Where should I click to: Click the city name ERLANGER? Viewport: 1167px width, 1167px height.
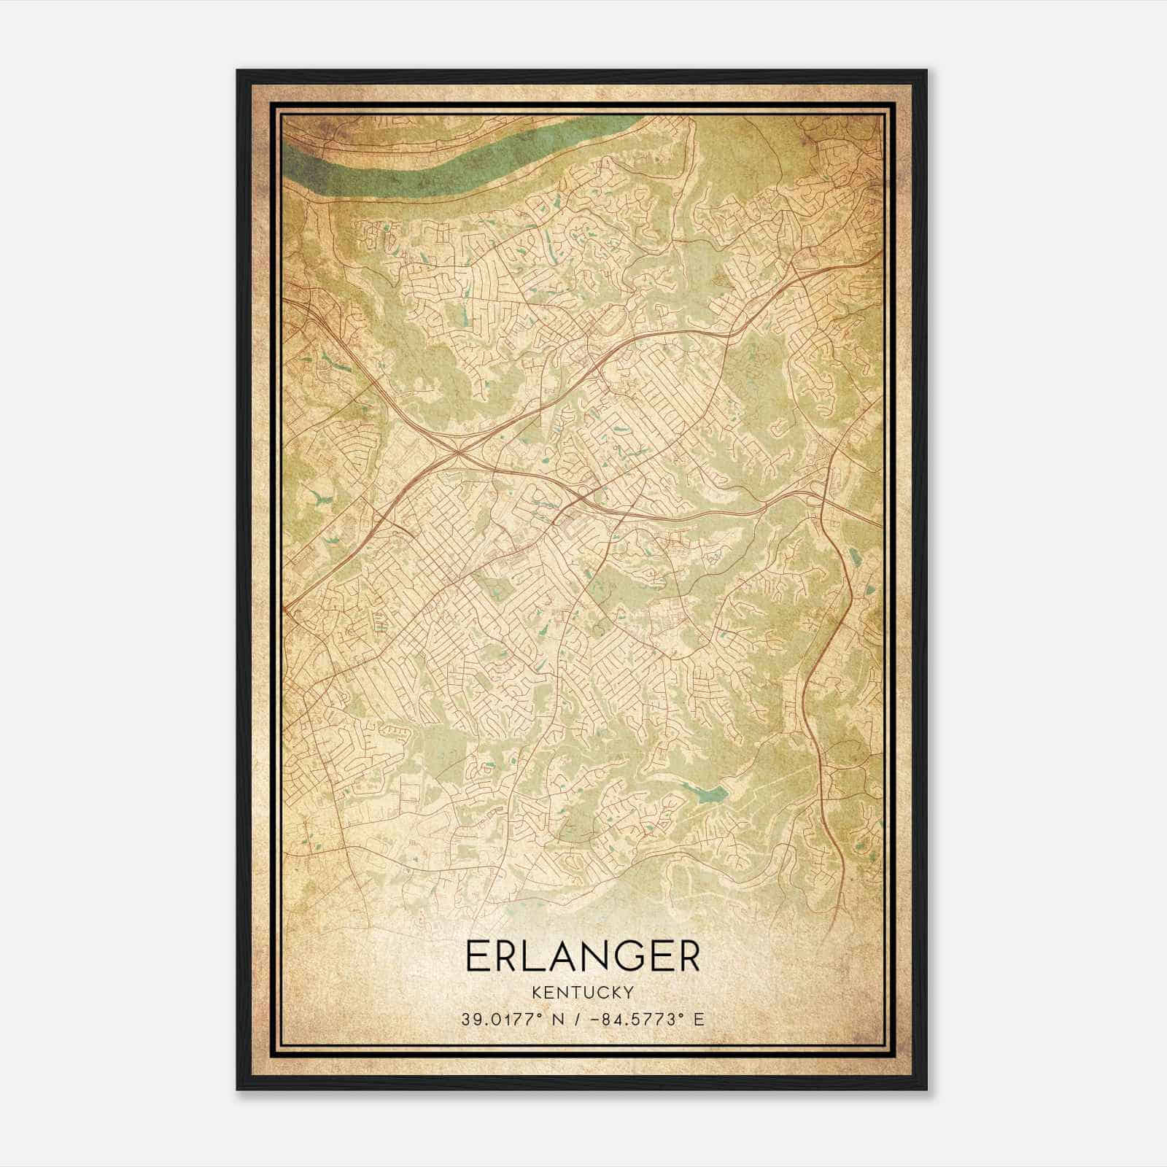[582, 957]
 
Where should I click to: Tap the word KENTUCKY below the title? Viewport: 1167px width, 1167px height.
[582, 993]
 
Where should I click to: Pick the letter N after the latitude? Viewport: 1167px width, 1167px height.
[559, 1020]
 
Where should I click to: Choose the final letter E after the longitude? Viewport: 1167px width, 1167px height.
[699, 1020]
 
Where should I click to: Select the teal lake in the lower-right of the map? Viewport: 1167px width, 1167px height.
[707, 794]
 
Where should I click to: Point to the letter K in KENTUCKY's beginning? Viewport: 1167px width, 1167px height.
[536, 993]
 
